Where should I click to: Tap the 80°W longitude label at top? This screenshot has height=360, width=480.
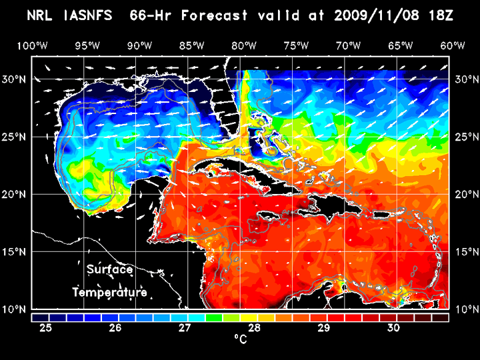click(x=245, y=45)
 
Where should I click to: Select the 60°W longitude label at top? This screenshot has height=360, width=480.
click(x=453, y=45)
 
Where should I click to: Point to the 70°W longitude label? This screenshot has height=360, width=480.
click(x=349, y=45)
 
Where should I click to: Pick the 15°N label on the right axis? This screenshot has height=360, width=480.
click(x=466, y=252)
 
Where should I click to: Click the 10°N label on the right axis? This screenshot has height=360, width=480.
click(x=466, y=309)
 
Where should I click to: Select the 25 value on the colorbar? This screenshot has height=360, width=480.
click(x=46, y=328)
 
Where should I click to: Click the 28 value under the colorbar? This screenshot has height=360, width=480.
click(x=254, y=328)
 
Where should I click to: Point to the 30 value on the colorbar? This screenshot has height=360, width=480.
click(x=393, y=328)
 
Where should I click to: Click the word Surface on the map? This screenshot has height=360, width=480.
click(x=109, y=270)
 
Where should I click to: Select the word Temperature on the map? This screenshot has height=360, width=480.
click(x=109, y=293)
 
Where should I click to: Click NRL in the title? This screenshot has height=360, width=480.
click(x=39, y=15)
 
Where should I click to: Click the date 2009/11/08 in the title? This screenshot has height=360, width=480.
click(x=376, y=15)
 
